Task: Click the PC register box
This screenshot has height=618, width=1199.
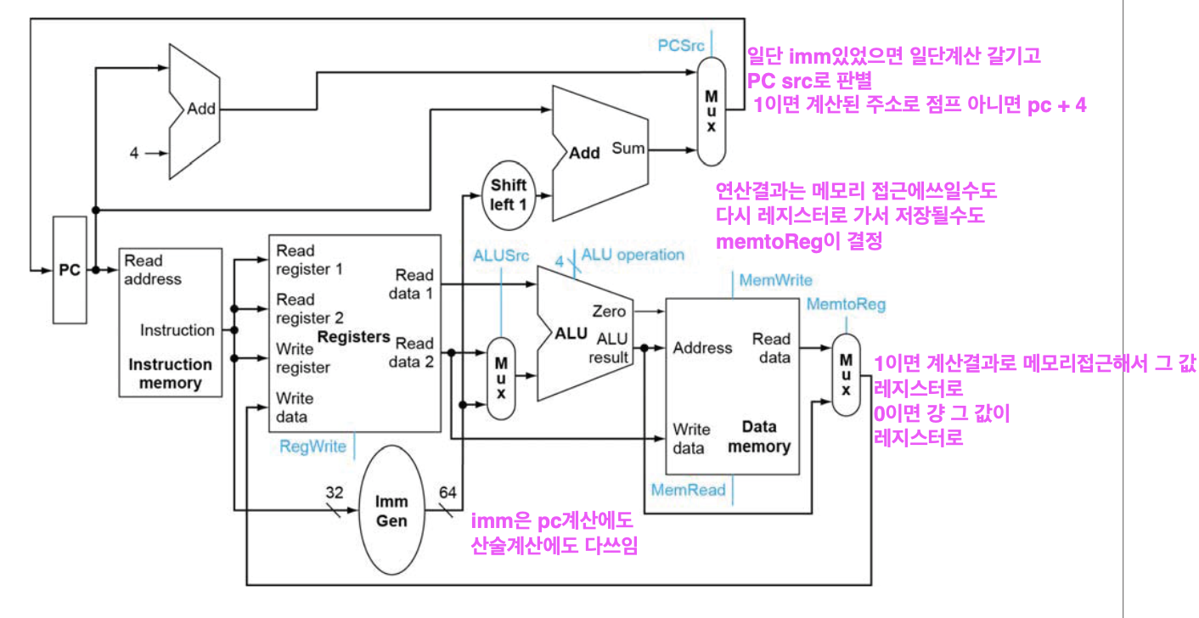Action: click(69, 270)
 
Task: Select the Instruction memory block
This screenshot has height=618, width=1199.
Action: click(170, 323)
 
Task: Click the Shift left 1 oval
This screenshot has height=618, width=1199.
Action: click(508, 194)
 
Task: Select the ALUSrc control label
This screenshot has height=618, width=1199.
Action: click(502, 254)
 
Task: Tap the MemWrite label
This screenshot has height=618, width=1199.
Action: click(775, 279)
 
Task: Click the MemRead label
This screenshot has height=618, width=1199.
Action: click(688, 489)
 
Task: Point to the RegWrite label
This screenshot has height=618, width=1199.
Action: click(312, 446)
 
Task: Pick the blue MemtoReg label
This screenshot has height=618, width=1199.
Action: click(845, 304)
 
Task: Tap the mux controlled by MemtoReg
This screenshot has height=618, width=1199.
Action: click(846, 374)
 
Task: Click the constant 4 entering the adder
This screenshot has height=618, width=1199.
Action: click(134, 154)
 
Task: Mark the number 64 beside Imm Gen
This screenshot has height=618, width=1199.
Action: click(448, 492)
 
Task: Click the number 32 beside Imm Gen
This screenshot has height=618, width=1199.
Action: click(335, 492)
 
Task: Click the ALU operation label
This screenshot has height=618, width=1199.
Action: click(633, 255)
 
